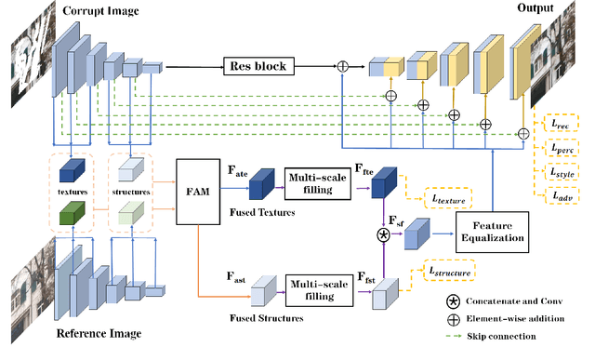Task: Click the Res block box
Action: [x=257, y=66]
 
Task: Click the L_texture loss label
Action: [x=446, y=198]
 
